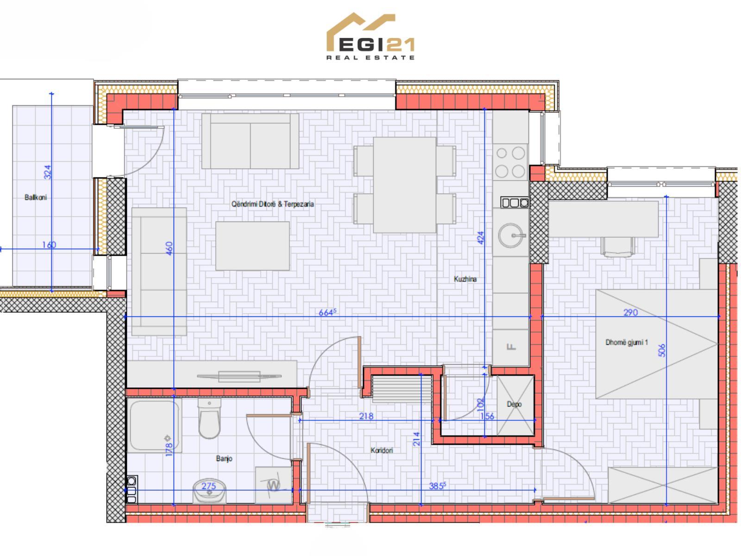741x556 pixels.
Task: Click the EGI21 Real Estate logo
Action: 370,37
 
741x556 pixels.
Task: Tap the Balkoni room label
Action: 36,197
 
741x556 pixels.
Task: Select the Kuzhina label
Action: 465,279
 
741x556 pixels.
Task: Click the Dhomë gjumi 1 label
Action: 627,343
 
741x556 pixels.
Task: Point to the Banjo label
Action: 224,458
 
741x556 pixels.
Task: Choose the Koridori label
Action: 382,450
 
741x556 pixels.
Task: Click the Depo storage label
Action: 514,404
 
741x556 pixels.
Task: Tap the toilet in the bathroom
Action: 209,418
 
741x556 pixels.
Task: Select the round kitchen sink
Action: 511,235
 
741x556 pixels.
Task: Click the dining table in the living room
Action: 404,185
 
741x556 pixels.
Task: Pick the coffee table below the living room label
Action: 252,246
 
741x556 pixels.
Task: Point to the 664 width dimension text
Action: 327,312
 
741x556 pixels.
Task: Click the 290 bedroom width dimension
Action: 630,312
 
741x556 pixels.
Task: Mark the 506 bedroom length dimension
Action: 662,350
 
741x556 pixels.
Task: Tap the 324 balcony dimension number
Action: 48,172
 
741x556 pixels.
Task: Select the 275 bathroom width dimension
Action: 208,486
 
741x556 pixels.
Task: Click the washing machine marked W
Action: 274,486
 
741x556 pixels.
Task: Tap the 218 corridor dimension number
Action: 366,416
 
